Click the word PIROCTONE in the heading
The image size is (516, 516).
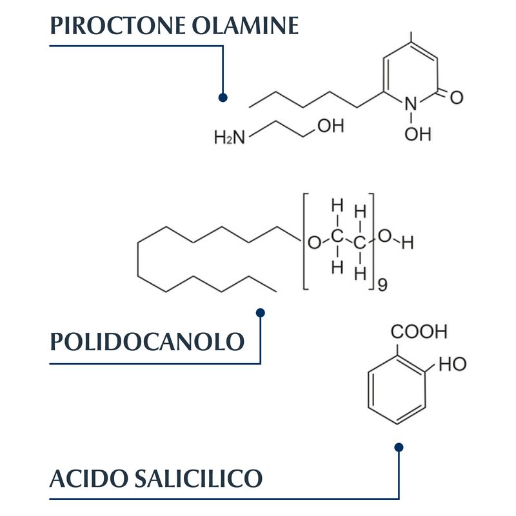(x=118, y=25)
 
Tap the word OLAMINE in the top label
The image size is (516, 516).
(x=245, y=25)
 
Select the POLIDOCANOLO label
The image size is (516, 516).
(x=147, y=341)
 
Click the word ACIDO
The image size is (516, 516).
(x=88, y=479)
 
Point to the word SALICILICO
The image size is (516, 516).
(x=199, y=479)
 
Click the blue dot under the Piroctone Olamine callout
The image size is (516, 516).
(x=223, y=97)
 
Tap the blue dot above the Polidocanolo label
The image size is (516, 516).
(x=261, y=313)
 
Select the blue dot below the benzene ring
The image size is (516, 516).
(x=399, y=448)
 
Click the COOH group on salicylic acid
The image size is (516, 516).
(x=419, y=332)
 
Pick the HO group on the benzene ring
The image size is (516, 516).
(x=453, y=364)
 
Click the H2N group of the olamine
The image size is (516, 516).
(x=230, y=137)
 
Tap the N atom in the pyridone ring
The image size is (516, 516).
(x=411, y=104)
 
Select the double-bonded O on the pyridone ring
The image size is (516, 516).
(x=457, y=97)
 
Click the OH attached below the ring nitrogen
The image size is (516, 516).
(x=417, y=134)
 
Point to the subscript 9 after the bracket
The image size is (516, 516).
(x=382, y=285)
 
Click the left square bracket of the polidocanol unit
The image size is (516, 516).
(x=306, y=241)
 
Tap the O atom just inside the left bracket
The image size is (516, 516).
(x=314, y=243)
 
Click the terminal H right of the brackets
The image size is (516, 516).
(x=408, y=243)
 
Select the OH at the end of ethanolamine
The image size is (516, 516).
(x=331, y=126)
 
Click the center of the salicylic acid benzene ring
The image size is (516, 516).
(x=397, y=390)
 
